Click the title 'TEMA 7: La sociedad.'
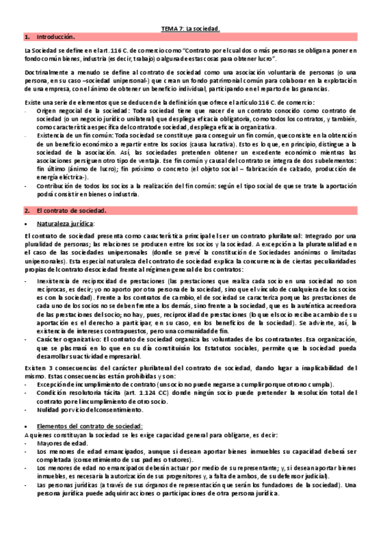(x=190, y=29)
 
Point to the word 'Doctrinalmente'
(x=45, y=75)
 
